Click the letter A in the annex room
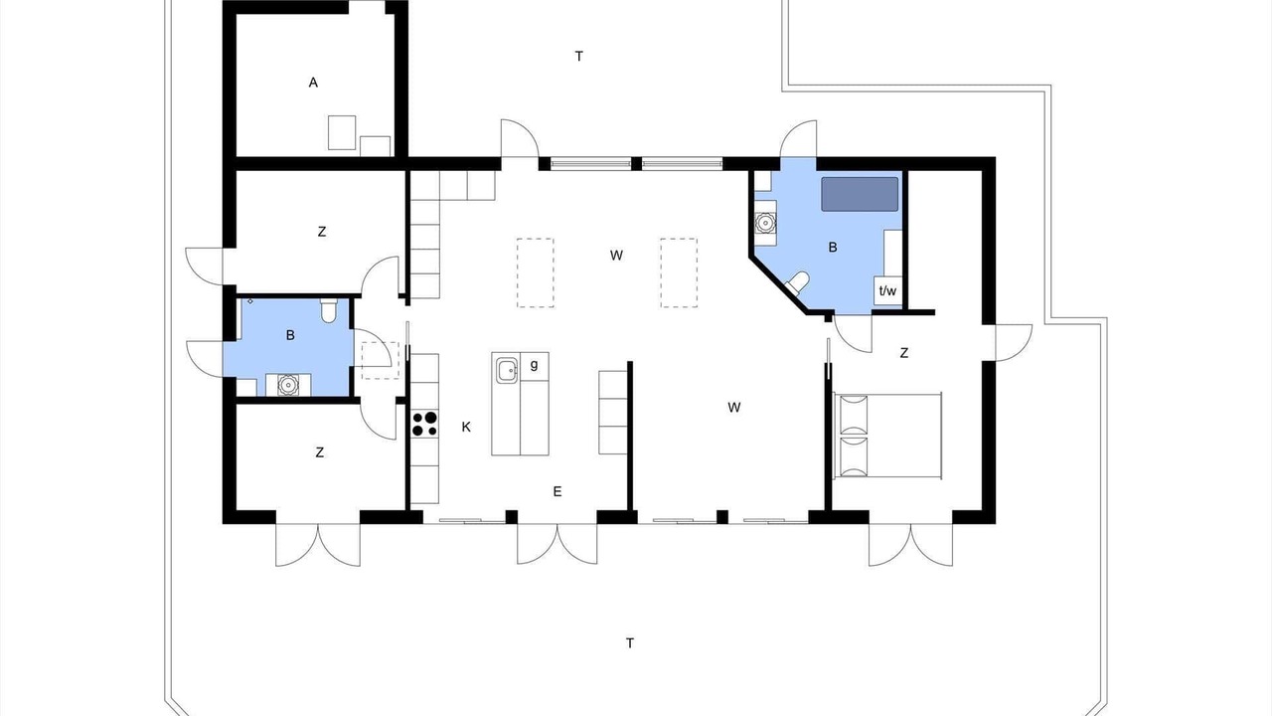(x=313, y=83)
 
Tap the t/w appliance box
(x=887, y=291)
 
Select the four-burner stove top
(x=424, y=424)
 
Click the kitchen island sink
(x=506, y=371)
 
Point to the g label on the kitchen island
(x=534, y=365)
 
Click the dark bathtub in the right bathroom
(x=860, y=194)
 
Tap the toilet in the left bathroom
(x=328, y=310)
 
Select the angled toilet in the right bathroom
(x=797, y=282)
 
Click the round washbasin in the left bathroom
(x=288, y=385)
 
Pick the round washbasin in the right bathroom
(x=765, y=223)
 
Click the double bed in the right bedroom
(x=887, y=436)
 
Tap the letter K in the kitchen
(x=466, y=428)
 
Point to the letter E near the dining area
(x=557, y=492)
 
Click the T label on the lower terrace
(x=630, y=643)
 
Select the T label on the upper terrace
(x=578, y=57)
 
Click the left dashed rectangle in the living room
(x=535, y=272)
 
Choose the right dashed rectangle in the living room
(x=679, y=272)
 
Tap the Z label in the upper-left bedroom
(x=322, y=232)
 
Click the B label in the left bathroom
(x=290, y=336)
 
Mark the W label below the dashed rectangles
(x=616, y=256)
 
